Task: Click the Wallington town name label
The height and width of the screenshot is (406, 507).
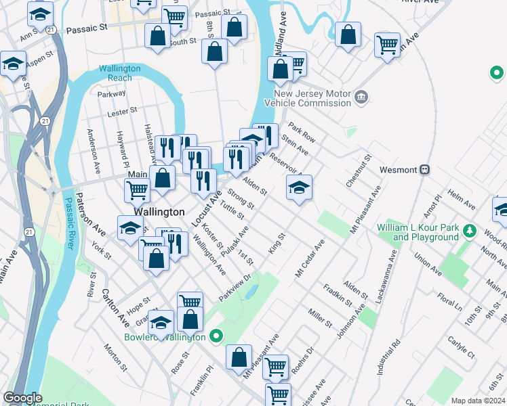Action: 159,212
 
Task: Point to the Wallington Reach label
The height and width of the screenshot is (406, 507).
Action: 119,73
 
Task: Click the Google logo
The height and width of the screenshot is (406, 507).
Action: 22,398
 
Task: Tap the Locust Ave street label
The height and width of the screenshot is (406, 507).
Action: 206,209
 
